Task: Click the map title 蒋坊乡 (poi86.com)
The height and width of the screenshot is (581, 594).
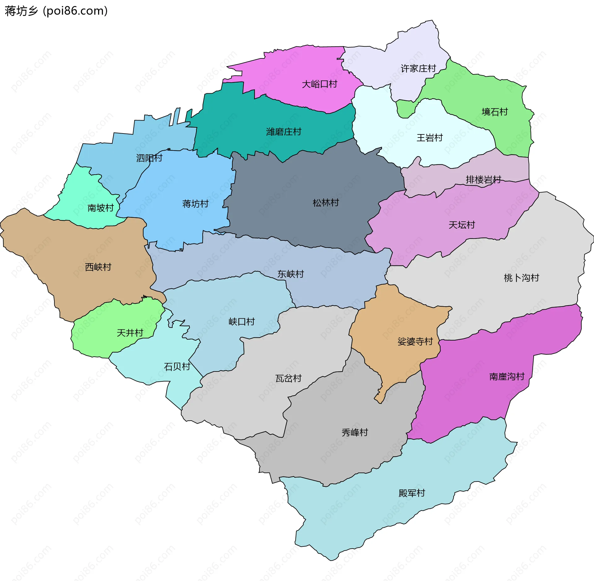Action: (x=56, y=11)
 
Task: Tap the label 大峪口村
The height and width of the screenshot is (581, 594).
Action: (x=319, y=84)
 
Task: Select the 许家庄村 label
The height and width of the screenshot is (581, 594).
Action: (x=418, y=68)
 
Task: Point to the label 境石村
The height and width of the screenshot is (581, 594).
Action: (x=495, y=112)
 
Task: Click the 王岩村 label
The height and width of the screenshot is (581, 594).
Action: (x=429, y=138)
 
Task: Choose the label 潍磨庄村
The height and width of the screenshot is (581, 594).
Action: (x=283, y=132)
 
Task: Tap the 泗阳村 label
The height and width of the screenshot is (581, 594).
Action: (x=149, y=158)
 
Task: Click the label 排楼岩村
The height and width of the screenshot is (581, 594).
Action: (x=483, y=180)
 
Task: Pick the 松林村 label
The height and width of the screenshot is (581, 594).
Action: (x=325, y=203)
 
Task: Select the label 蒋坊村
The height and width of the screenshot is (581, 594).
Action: (x=195, y=204)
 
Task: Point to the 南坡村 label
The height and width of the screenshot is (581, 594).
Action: (x=101, y=208)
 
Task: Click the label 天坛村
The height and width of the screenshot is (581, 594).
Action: (x=462, y=225)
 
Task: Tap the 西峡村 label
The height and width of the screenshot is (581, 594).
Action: (x=98, y=267)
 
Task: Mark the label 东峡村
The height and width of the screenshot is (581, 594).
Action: (x=291, y=274)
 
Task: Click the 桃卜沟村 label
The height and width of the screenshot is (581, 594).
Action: (x=521, y=278)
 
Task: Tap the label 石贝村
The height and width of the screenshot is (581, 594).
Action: (x=177, y=367)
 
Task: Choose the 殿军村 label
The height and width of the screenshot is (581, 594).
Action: (x=411, y=493)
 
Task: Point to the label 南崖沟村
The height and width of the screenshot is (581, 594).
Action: (x=507, y=376)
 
